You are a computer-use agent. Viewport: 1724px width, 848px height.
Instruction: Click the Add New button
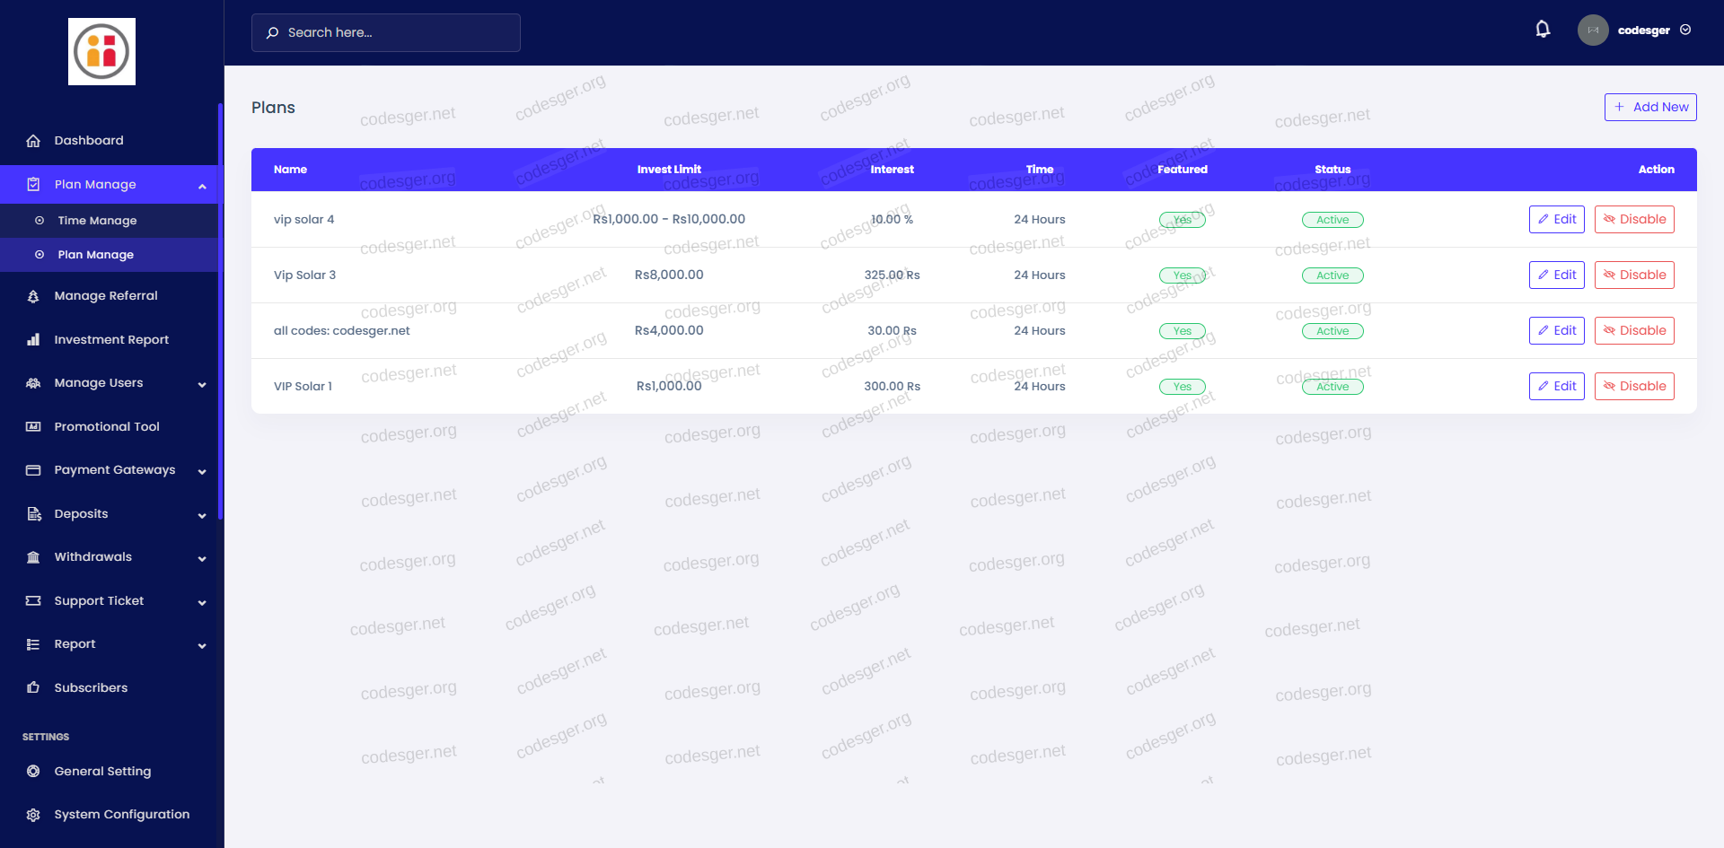coord(1650,107)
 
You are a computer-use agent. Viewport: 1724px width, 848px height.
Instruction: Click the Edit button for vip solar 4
coord(1556,220)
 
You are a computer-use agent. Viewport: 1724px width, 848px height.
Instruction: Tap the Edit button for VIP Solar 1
coord(1556,387)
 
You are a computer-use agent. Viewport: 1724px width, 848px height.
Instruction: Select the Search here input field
coord(386,32)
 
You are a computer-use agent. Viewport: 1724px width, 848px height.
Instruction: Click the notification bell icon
coord(1543,30)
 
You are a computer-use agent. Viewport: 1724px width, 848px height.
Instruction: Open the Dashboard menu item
coord(89,141)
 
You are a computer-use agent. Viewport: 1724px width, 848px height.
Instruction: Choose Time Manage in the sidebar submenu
coord(97,221)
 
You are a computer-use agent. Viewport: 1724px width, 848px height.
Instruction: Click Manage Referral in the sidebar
coord(105,296)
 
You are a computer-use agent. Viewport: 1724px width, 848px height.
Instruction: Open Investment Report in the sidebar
coord(111,340)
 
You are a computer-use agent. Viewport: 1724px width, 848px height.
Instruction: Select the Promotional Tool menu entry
coord(107,427)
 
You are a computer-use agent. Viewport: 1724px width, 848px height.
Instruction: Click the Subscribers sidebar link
coord(91,688)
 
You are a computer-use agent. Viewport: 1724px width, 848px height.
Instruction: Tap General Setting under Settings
coord(102,772)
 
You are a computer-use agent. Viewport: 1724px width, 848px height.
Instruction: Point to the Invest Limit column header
coord(669,170)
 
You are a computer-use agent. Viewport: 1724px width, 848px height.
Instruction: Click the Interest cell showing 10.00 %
coord(892,220)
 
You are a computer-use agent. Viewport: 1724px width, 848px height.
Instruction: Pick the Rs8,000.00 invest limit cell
coord(669,275)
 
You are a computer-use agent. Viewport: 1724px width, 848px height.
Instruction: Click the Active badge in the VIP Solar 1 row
coord(1333,387)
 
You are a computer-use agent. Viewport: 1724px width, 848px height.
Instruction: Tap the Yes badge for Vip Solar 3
coord(1183,275)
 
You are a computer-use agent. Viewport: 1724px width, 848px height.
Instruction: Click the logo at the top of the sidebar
coord(101,52)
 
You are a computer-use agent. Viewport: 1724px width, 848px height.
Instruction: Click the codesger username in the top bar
coord(1643,31)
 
